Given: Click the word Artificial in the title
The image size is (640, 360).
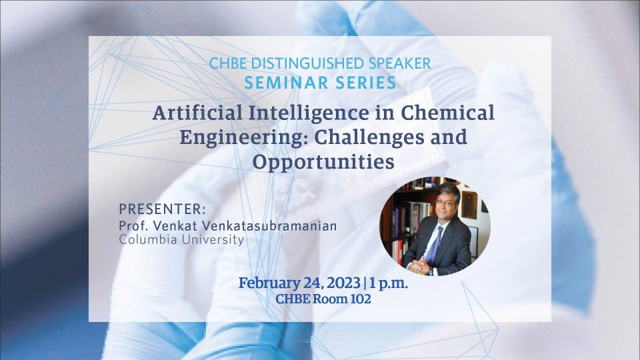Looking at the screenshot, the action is (x=197, y=113).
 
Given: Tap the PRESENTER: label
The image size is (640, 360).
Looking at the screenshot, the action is (x=162, y=209).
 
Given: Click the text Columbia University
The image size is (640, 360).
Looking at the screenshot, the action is (x=181, y=239).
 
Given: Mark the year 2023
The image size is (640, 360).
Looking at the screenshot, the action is (x=344, y=283).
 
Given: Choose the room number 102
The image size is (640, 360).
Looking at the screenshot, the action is (x=361, y=299).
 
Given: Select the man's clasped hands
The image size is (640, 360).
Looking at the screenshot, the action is (x=419, y=266).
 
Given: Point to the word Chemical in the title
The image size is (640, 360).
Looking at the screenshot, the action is (x=447, y=113).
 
